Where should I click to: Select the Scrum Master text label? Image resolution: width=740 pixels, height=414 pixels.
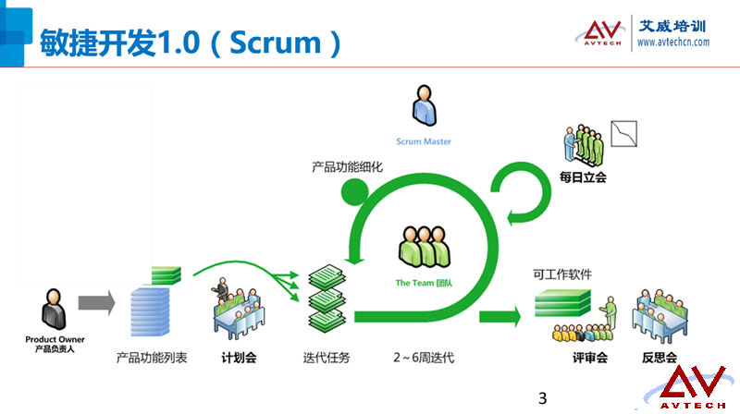click(423, 141)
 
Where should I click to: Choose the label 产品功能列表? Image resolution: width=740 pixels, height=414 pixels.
click(152, 357)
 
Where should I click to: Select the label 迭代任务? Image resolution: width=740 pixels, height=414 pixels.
click(327, 357)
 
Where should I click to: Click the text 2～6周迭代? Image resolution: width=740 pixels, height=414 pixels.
click(423, 357)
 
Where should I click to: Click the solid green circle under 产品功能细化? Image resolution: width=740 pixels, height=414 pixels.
click(354, 191)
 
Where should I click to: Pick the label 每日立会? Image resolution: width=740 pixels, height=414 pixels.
click(584, 177)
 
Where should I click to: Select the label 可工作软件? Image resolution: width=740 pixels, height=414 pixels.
click(562, 274)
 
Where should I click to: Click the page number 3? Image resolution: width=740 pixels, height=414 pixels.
click(543, 399)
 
